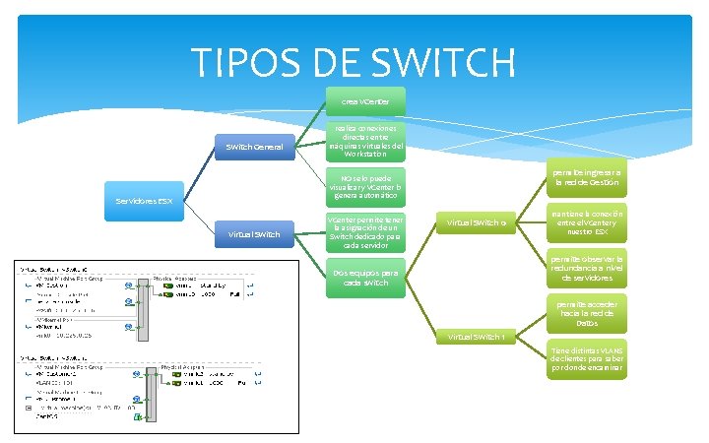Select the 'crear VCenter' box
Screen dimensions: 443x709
365,101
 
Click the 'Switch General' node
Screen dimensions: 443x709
255,148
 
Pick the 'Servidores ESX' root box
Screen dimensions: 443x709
144,201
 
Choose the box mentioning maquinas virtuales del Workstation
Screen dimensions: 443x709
365,141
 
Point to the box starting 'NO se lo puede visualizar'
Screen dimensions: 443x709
365,187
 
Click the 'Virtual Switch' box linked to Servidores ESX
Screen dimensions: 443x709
255,234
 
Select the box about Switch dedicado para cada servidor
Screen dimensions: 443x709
365,231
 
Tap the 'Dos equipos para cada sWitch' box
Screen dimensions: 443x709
365,278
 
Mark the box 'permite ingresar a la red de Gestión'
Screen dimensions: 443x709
586,176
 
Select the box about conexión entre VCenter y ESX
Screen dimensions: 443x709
586,221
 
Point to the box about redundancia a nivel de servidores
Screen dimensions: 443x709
586,268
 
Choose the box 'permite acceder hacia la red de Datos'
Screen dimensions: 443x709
586,314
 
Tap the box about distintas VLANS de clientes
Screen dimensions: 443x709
586,360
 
